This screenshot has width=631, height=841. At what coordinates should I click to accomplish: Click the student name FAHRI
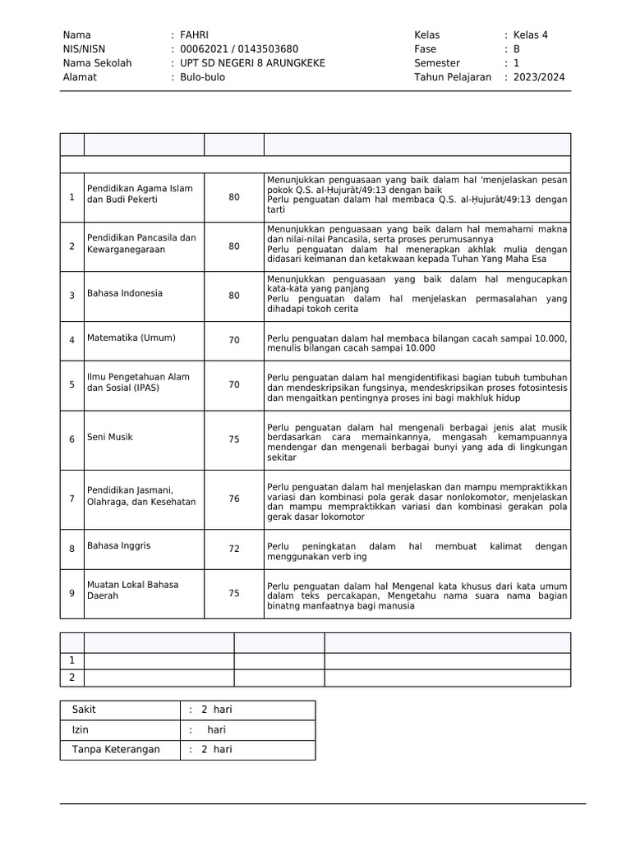(195, 34)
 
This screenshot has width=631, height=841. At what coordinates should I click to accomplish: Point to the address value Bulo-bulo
(202, 77)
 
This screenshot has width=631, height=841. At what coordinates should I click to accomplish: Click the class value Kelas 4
(531, 34)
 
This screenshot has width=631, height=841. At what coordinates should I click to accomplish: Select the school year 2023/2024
(539, 77)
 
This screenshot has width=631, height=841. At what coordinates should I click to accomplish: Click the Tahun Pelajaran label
(453, 77)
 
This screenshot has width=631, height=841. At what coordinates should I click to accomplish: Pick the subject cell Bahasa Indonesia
(125, 293)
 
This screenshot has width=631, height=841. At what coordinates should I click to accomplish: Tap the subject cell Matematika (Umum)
(131, 338)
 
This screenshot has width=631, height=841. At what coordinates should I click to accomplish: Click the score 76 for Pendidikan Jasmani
(234, 499)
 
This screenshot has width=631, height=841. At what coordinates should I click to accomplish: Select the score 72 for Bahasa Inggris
(234, 549)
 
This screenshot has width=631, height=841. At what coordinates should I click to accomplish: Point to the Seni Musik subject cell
(110, 437)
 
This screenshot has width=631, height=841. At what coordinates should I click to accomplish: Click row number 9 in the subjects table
(71, 594)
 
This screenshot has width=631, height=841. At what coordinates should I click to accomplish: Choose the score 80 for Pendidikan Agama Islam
(234, 197)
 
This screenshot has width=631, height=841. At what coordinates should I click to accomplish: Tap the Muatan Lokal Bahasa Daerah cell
(133, 590)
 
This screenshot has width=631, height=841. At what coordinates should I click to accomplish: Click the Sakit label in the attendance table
(84, 710)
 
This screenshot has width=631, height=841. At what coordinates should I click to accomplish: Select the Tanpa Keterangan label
(116, 749)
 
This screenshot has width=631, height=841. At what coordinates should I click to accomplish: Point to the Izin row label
(81, 729)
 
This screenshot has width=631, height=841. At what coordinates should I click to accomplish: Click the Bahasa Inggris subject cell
(119, 545)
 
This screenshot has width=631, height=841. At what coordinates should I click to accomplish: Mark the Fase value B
(517, 48)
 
